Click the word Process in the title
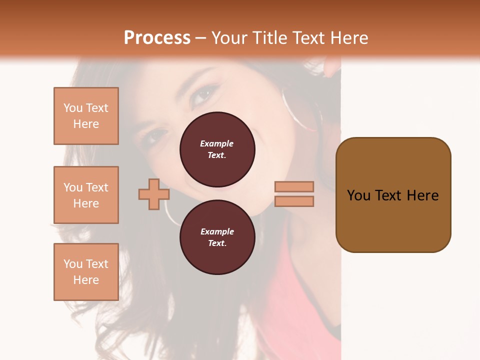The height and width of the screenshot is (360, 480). tap(157, 38)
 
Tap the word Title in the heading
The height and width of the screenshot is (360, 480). tap(270, 38)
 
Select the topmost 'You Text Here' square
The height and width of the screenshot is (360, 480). tap(86, 116)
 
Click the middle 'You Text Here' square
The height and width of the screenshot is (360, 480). tap(86, 195)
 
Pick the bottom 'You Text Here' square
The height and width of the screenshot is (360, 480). tap(86, 272)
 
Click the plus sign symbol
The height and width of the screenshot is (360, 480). tap(154, 194)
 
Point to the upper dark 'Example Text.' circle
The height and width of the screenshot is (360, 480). tap(217, 149)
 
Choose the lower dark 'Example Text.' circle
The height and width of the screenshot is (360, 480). tap(217, 237)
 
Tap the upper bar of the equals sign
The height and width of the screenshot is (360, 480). tap(294, 186)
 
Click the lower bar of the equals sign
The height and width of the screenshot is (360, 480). tap(294, 201)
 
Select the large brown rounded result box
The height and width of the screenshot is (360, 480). tap(393, 195)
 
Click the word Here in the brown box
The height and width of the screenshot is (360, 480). tap(422, 195)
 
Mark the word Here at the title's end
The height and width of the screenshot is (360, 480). tap(349, 38)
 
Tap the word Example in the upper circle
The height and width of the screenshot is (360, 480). tap(217, 143)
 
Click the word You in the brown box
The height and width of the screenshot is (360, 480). tap(358, 195)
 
